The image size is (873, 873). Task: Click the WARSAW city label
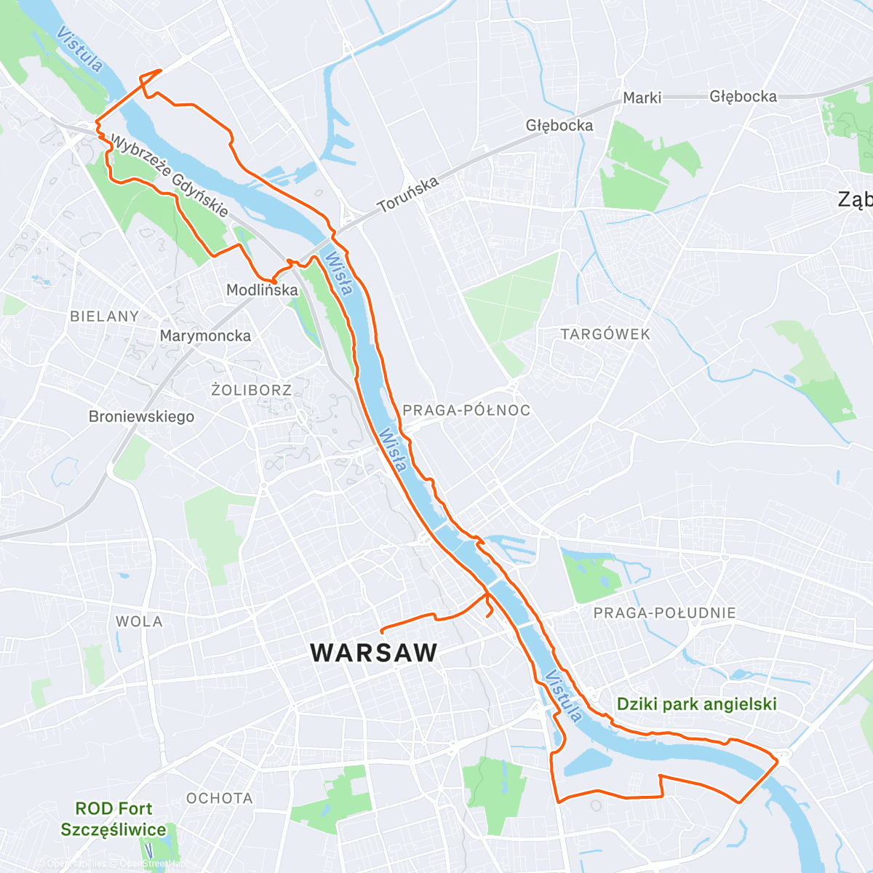pos(374,653)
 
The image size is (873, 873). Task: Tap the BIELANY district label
pos(104,316)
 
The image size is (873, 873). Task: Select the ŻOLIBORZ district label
pos(251,391)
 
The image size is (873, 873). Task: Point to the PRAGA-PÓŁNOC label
pos(466,410)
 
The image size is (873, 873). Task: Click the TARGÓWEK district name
pos(605,335)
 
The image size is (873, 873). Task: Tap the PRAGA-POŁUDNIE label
pos(664,613)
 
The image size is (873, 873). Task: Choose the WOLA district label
pos(139,622)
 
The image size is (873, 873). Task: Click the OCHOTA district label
pos(219,799)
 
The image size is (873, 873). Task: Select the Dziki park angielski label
pos(696,704)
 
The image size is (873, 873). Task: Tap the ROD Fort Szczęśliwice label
pos(113,819)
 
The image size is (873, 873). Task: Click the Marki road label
pos(642,97)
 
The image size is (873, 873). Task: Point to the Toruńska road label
pos(408,194)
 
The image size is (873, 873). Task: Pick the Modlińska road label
pos(262,290)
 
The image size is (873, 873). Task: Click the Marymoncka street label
pos(205,336)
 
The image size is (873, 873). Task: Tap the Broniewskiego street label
pos(141,417)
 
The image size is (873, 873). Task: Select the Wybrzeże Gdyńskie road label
pos(169,175)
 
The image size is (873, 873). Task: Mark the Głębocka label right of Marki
pos(743,97)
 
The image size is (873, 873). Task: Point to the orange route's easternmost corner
pos(778,760)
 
